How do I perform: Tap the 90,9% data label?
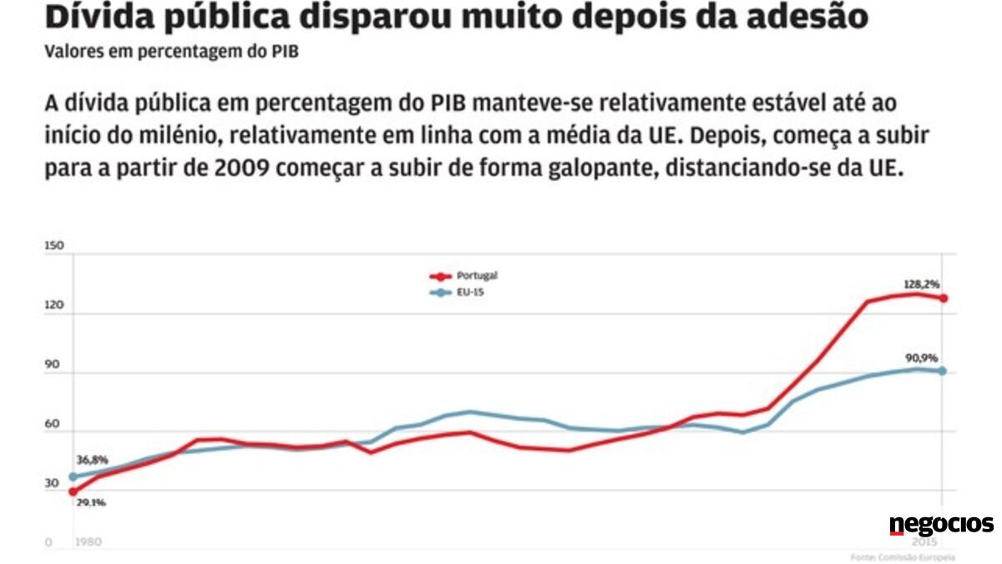[921, 358]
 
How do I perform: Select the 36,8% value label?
[92, 460]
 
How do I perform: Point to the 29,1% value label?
[92, 502]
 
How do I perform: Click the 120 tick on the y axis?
[53, 306]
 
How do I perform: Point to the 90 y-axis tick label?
[52, 365]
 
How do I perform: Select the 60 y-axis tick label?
[52, 424]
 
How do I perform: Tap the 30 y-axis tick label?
[52, 483]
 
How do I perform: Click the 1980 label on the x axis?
[88, 542]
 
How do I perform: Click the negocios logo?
[941, 525]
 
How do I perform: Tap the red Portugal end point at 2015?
[943, 298]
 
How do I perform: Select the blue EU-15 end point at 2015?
[943, 370]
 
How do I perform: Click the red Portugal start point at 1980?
[73, 491]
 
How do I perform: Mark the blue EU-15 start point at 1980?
[73, 476]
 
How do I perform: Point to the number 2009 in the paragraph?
[241, 167]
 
